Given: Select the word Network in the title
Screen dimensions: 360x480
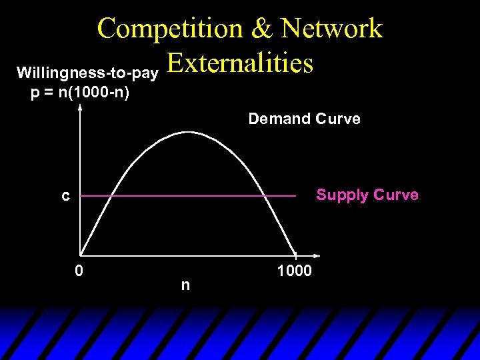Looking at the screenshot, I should [x=332, y=29].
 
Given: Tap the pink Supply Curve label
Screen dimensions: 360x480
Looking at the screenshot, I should [x=367, y=195].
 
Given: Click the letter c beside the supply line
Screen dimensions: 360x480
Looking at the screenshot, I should [x=65, y=197].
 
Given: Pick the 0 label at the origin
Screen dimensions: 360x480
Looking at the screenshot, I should [x=79, y=271].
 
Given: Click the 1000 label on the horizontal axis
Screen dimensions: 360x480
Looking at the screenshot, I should [x=294, y=271].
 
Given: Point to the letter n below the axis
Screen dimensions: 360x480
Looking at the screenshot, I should [x=185, y=285].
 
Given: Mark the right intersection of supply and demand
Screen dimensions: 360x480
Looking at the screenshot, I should [x=266, y=197].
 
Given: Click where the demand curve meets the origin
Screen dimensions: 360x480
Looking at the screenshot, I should [x=81, y=255].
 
